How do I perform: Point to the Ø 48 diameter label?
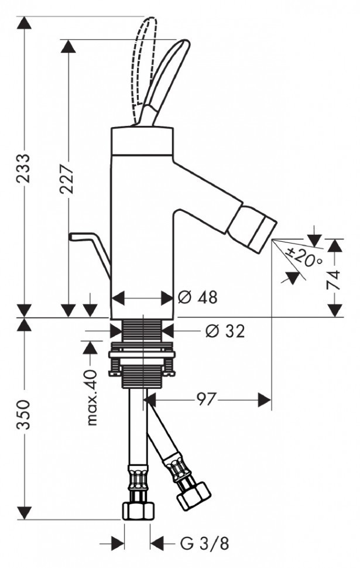pos(197,297)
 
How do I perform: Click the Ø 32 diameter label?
pos(225,331)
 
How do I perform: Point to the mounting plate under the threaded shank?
pos(142,354)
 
